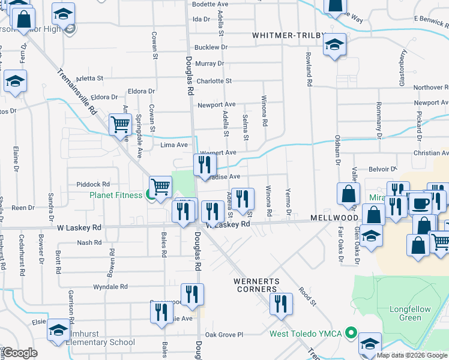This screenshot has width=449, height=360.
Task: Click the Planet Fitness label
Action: (116, 195)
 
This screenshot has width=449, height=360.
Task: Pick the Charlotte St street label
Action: (214, 81)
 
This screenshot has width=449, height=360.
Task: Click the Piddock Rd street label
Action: (93, 184)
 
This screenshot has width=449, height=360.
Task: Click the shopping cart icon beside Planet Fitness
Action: (160, 187)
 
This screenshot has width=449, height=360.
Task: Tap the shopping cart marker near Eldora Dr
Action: (120, 125)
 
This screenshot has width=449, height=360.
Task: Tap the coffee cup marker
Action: (420, 203)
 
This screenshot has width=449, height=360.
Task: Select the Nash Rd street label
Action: (89, 243)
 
